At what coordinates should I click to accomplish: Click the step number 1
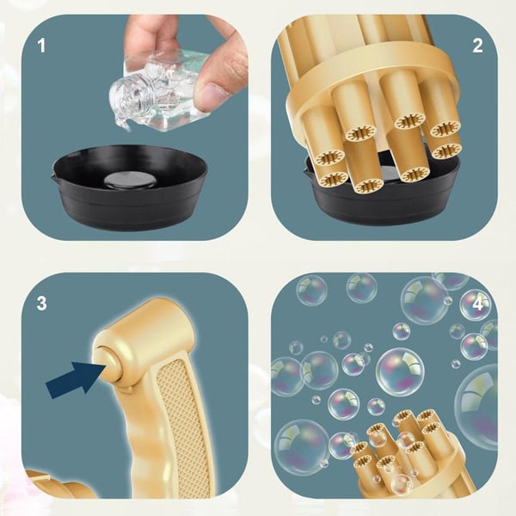[41, 44]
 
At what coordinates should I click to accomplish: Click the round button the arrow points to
[107, 370]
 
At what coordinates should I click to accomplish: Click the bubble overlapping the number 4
[474, 304]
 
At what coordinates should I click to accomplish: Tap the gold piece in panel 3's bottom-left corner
[60, 486]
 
